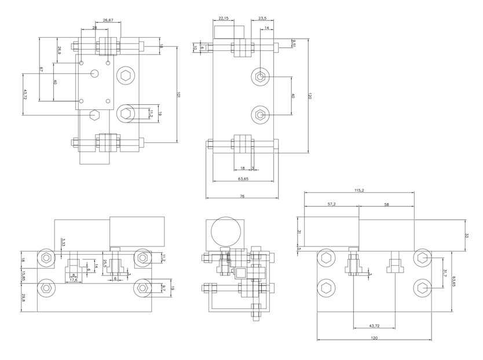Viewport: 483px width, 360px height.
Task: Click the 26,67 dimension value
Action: coord(108,20)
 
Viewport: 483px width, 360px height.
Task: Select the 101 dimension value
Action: coord(179,93)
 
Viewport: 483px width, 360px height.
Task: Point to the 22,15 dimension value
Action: coord(224,19)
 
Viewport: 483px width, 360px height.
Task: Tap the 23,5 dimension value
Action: coord(262,19)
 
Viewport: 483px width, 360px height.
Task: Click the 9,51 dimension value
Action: coord(294,45)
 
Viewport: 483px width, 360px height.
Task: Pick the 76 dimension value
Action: coord(241,196)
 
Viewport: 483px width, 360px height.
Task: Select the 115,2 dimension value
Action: coord(358,191)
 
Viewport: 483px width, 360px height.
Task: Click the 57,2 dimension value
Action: coord(331,204)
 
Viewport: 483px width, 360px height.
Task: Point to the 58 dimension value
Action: coord(386,204)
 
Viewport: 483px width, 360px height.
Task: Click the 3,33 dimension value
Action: coord(63,242)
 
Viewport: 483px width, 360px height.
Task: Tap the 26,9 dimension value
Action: coord(59,52)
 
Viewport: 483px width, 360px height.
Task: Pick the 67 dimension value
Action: coord(41,69)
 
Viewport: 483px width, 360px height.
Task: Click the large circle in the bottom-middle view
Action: coord(226,231)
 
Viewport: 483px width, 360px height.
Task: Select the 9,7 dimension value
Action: coord(164,288)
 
